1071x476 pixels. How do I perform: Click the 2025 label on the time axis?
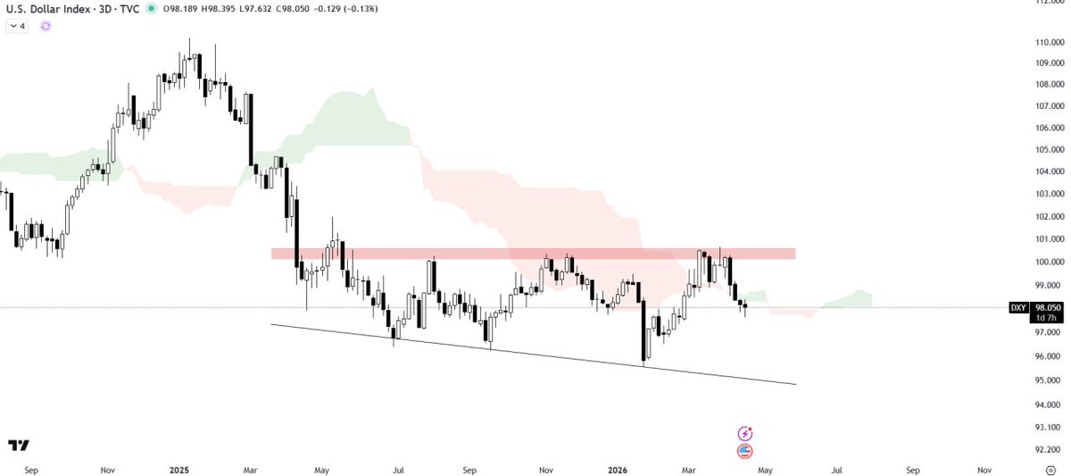[178, 469]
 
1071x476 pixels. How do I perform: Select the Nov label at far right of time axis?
[984, 469]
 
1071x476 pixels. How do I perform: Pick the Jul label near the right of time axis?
[837, 469]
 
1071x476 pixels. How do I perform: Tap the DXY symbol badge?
[1018, 307]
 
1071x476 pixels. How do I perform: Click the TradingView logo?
[18, 446]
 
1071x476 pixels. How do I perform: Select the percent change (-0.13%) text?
[358, 9]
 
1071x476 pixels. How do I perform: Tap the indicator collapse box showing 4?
[18, 27]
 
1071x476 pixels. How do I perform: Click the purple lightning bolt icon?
[745, 433]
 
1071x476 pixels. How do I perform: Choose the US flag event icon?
[745, 451]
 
